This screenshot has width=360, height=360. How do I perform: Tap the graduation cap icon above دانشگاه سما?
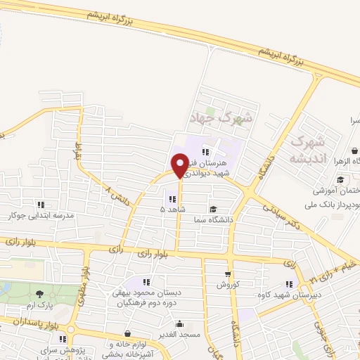click(x=212, y=209)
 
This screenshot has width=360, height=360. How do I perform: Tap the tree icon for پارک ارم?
click(x=39, y=294)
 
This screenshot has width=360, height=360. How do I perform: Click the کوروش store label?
click(x=228, y=285)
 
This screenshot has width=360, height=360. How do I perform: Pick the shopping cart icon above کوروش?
click(x=228, y=275)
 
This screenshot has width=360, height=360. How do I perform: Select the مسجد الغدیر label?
click(x=181, y=335)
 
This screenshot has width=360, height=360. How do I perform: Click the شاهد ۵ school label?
click(x=172, y=210)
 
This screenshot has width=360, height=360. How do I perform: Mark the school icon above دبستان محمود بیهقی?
click(x=147, y=281)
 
